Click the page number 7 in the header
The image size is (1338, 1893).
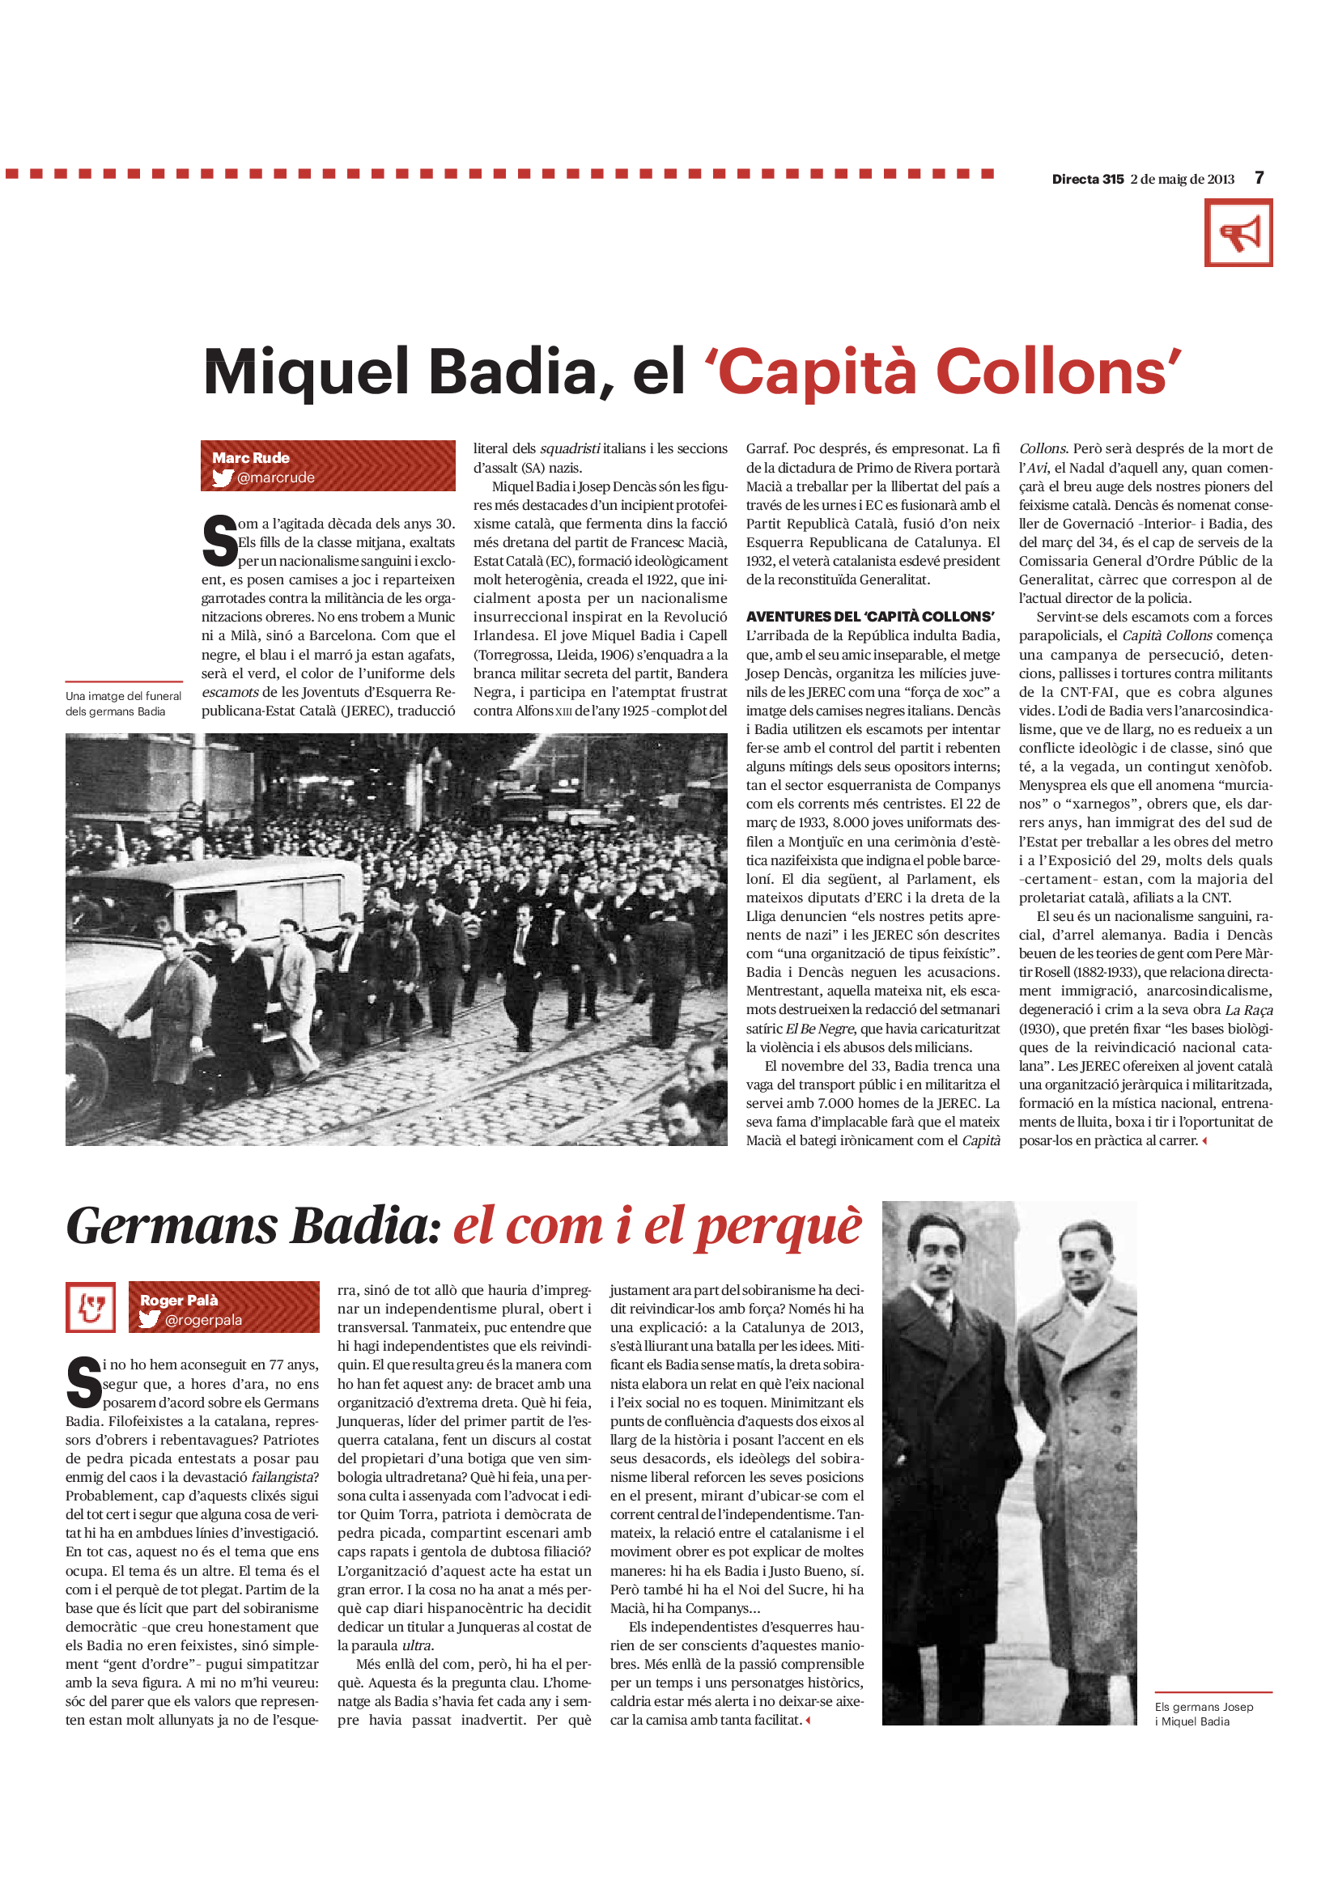point(1259,178)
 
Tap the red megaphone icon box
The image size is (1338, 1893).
point(1238,233)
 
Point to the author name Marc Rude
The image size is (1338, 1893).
point(251,457)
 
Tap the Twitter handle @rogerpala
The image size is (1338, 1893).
point(203,1320)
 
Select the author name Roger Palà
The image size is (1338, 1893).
point(179,1301)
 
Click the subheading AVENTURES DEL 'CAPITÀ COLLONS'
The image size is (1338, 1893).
point(870,617)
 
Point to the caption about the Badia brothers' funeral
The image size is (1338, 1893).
point(123,703)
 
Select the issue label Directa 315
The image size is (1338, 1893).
point(1087,179)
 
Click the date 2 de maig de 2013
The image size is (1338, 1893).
point(1183,179)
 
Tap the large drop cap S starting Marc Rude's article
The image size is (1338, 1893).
point(219,541)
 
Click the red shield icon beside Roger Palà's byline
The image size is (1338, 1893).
point(91,1308)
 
